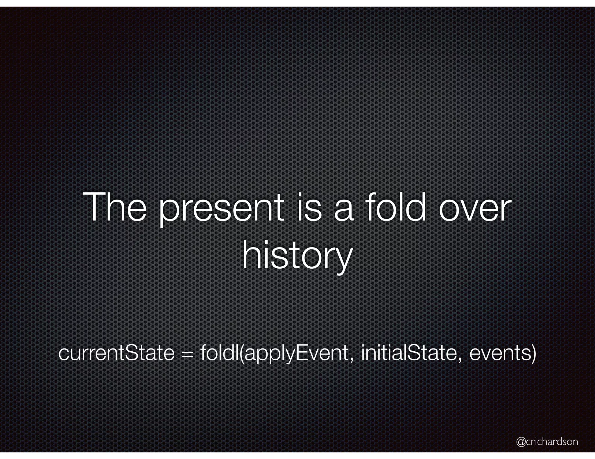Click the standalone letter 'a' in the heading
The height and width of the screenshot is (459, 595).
[x=344, y=210]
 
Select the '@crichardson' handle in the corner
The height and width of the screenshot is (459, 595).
[x=547, y=442]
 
